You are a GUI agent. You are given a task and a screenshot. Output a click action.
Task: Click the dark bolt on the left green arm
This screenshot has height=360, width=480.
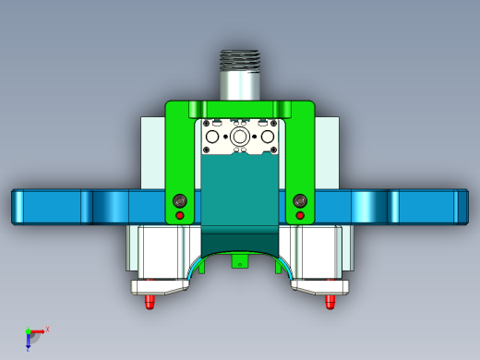coord(180,200)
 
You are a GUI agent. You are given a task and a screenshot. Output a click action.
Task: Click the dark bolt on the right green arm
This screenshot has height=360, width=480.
coord(299,200)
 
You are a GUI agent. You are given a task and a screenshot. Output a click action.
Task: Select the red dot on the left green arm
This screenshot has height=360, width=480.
coord(180,216)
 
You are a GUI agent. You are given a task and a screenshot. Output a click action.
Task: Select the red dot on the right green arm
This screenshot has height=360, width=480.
coord(299,216)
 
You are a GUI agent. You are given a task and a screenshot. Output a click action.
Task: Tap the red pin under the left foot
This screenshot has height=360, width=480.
coord(150,301)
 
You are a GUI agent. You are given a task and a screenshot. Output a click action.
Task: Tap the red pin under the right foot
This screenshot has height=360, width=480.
coord(329,301)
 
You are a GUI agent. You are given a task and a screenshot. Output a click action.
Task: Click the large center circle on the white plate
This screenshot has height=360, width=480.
coord(240,137)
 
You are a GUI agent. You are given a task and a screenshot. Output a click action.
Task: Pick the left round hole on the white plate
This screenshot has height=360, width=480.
coord(211,137)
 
